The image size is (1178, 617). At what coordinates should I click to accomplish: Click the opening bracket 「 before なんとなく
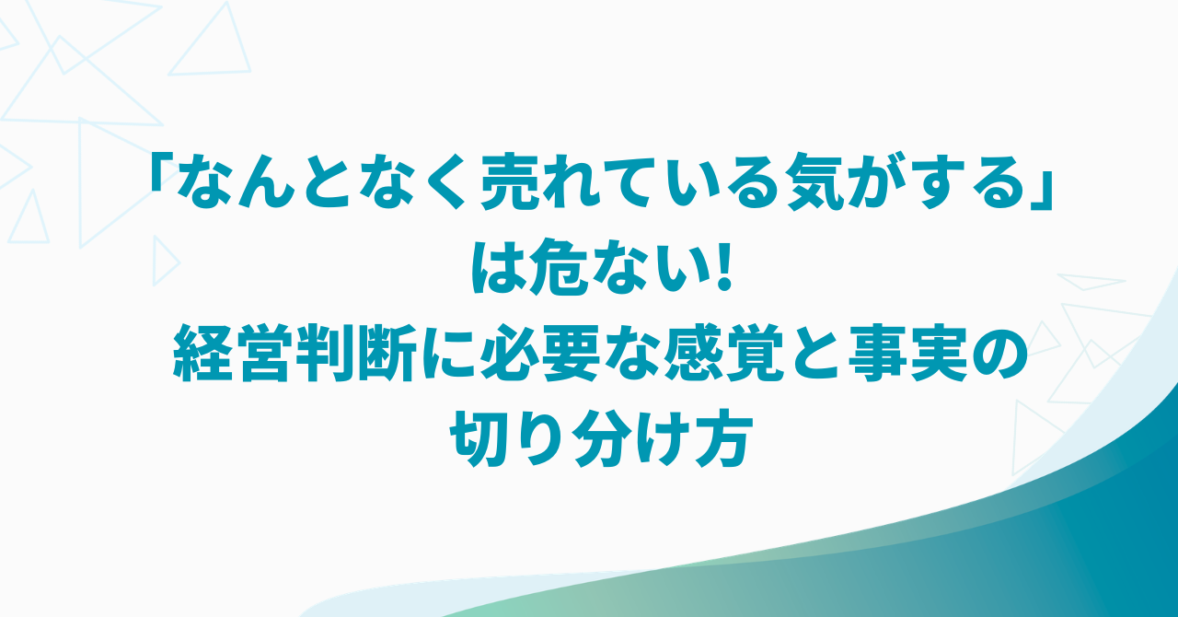click(159, 171)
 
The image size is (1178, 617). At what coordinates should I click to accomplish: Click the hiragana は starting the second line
click(498, 267)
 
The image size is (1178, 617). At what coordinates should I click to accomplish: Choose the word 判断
click(355, 353)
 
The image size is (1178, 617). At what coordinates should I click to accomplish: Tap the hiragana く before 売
click(449, 181)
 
